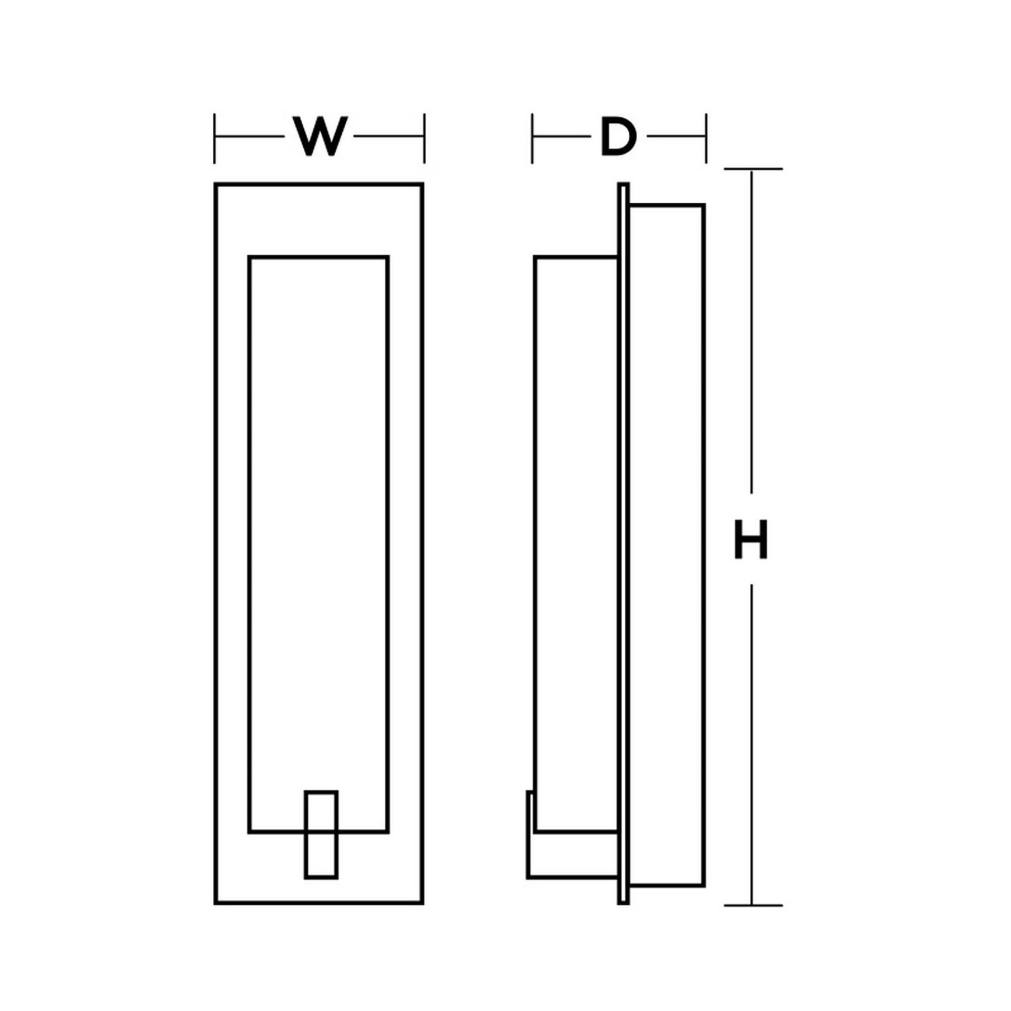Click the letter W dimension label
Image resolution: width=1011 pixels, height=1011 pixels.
(320, 136)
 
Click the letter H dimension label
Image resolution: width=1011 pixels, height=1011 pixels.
(751, 539)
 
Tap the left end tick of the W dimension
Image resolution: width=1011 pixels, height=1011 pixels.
(214, 138)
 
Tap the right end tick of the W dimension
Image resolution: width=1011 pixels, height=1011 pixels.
(425, 138)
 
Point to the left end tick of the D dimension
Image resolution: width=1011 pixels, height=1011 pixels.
(532, 138)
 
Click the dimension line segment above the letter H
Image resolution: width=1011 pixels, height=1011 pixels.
(752, 330)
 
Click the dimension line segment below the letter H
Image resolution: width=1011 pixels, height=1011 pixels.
(752, 743)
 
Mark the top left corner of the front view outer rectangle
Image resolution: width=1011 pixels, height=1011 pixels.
(216, 184)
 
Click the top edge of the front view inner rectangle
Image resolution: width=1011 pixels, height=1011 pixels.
(318, 257)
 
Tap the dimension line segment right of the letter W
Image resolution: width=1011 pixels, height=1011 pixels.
(388, 136)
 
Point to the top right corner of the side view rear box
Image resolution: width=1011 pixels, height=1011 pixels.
(704, 205)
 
